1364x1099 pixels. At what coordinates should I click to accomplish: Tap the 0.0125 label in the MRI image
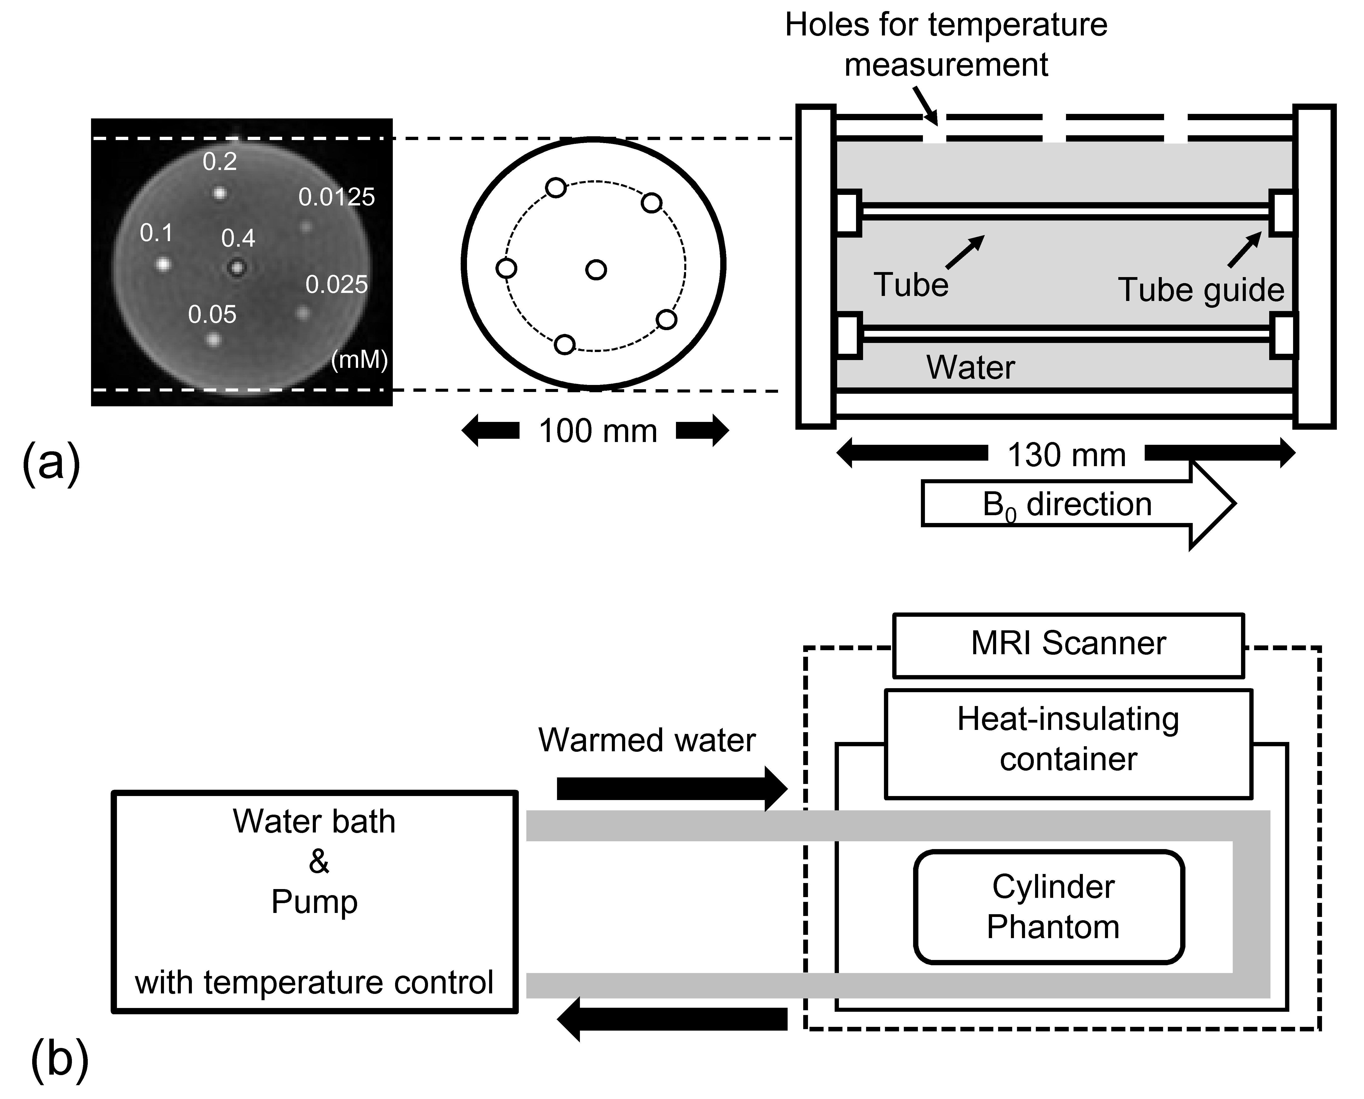coord(336,198)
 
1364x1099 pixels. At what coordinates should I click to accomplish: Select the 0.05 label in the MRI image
coord(212,315)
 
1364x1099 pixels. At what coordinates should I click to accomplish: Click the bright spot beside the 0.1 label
coord(163,263)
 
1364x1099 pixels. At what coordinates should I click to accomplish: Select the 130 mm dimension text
coord(1066,455)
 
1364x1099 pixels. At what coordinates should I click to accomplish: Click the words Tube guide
coord(1201,290)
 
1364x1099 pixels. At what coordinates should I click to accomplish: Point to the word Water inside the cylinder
coord(970,367)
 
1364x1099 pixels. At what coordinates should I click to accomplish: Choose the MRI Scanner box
coord(1068,644)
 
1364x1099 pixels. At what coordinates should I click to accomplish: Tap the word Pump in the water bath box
coord(314,901)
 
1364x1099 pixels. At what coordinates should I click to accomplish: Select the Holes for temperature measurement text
coord(946,44)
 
